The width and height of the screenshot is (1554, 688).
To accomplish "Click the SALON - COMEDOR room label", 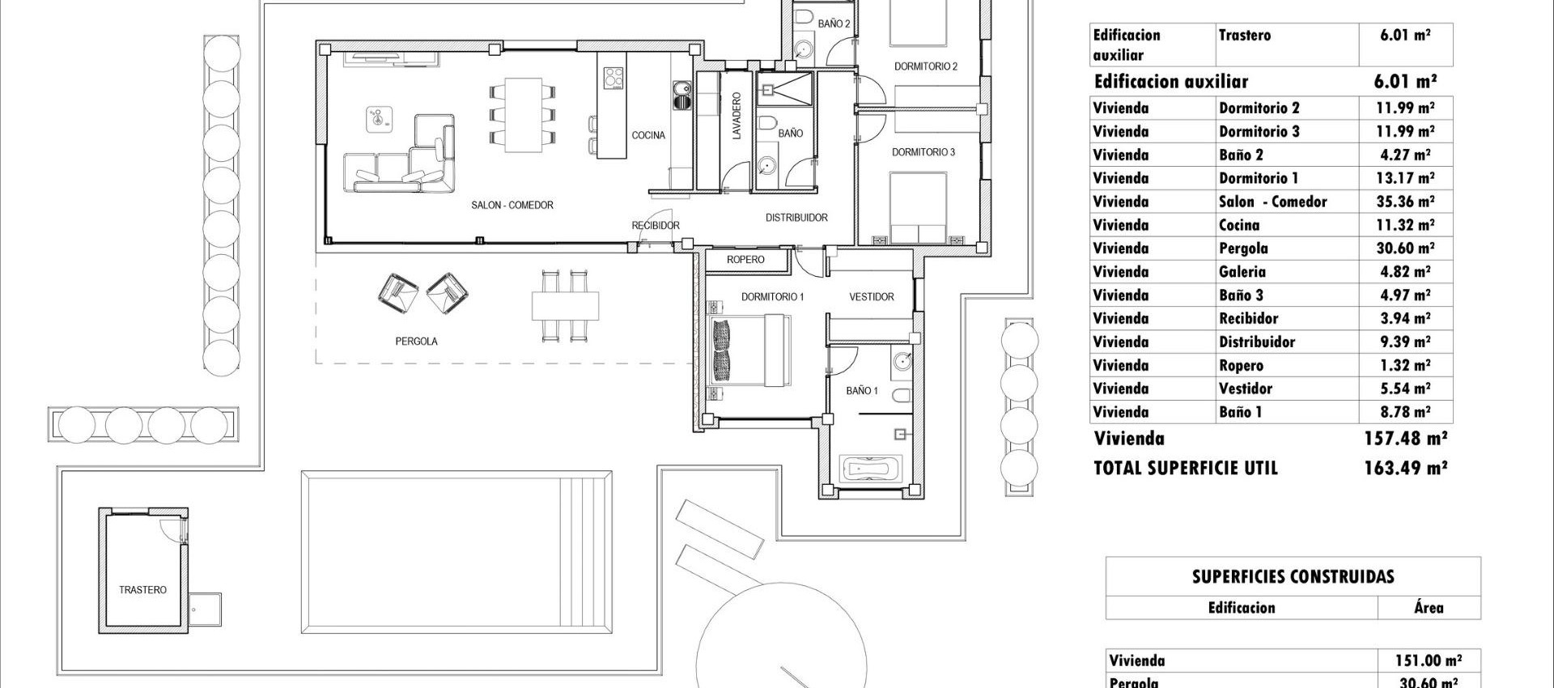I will [512, 206].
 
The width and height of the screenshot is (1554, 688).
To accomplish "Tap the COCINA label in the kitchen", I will [648, 135].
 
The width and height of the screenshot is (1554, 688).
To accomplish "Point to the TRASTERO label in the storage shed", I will [142, 590].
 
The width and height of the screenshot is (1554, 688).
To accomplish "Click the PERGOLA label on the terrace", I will [416, 342].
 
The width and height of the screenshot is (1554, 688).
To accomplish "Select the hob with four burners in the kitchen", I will [614, 78].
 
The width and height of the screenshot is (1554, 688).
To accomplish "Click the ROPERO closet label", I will [745, 260].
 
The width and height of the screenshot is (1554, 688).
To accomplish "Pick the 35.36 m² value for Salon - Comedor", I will [1404, 202].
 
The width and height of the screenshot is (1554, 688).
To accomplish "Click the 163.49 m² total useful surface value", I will [1405, 468].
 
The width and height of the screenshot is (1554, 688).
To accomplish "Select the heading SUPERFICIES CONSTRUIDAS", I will [1293, 577].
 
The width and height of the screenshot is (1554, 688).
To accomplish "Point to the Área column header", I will [1429, 608].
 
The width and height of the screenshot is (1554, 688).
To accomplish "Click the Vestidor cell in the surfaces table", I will [1246, 389].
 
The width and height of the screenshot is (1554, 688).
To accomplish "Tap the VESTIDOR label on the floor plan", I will [871, 297].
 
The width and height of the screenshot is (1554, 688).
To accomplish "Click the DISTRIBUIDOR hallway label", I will [796, 218].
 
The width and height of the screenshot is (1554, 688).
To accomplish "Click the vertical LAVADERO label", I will [737, 116].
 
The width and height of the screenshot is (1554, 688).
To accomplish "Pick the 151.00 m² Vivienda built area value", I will [1429, 660].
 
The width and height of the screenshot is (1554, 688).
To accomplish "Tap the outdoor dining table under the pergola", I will [566, 306].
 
